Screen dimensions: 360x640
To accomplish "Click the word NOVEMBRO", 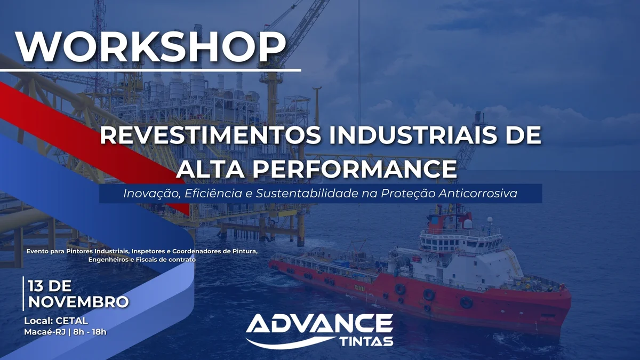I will click(78, 302).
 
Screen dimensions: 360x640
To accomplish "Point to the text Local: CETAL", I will click(56, 321).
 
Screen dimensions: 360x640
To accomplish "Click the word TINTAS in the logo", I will click(366, 341).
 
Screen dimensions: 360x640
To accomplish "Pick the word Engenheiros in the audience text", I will click(108, 259).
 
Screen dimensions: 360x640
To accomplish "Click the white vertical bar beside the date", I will click(23, 294).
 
